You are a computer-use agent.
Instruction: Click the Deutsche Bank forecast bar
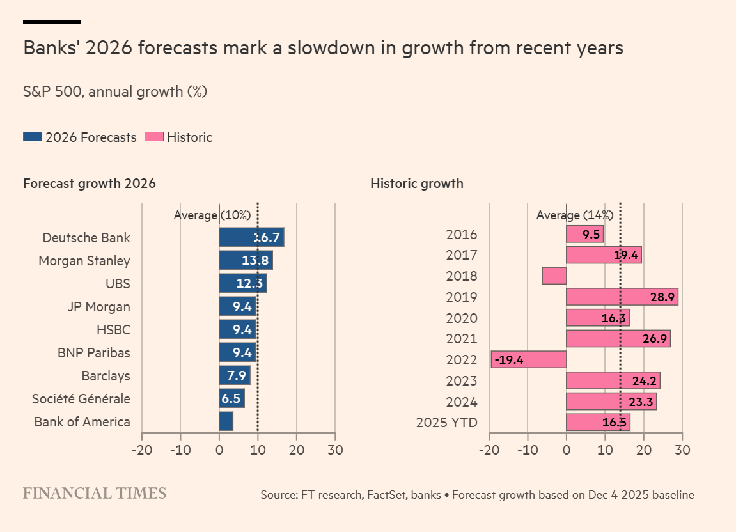click(x=251, y=237)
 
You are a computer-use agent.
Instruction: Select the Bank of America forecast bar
click(x=226, y=421)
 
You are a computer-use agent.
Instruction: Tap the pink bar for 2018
click(x=554, y=276)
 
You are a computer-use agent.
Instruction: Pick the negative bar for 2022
click(x=529, y=359)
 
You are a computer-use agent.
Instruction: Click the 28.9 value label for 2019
click(x=661, y=297)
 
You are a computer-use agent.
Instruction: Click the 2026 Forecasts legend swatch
click(x=33, y=137)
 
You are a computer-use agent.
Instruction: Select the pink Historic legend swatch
click(x=154, y=137)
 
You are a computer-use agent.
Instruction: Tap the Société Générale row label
click(x=81, y=399)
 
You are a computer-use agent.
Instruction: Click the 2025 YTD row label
click(x=446, y=423)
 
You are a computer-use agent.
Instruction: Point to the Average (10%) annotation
click(x=212, y=215)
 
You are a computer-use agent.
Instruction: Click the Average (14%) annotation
click(x=574, y=215)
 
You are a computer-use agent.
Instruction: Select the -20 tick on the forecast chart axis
click(x=141, y=450)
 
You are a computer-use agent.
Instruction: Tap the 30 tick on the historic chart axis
click(x=682, y=450)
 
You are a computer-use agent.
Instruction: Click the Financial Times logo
click(x=95, y=493)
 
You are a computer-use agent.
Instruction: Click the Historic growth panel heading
click(x=416, y=184)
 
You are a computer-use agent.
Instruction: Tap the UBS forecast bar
click(x=242, y=283)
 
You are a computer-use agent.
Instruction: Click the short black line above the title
click(x=51, y=22)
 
